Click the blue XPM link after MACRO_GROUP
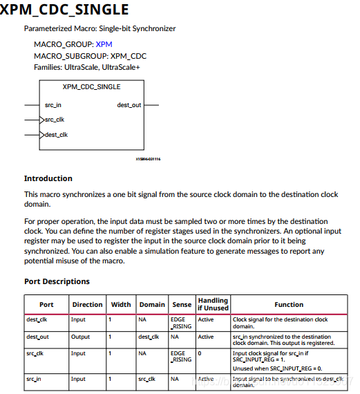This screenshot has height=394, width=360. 104,44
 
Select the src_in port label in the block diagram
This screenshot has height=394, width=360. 53,105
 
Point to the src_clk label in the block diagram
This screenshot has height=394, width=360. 55,120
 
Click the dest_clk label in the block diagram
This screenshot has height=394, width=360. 57,135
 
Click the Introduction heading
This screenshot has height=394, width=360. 48,178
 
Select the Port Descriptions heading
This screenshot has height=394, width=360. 57,281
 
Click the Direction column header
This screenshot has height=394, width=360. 87,304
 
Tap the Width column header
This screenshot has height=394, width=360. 120,304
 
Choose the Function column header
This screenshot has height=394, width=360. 289,304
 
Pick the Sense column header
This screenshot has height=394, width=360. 181,304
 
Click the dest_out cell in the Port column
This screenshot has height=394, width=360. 39,337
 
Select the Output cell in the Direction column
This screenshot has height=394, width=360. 81,337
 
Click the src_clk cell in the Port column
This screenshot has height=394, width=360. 36,353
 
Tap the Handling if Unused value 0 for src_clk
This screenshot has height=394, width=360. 200,353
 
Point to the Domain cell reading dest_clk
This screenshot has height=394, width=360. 149,337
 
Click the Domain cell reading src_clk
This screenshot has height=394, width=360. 146,379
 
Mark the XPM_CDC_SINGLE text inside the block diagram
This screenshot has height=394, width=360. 91,87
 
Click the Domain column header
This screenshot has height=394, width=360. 152,304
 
